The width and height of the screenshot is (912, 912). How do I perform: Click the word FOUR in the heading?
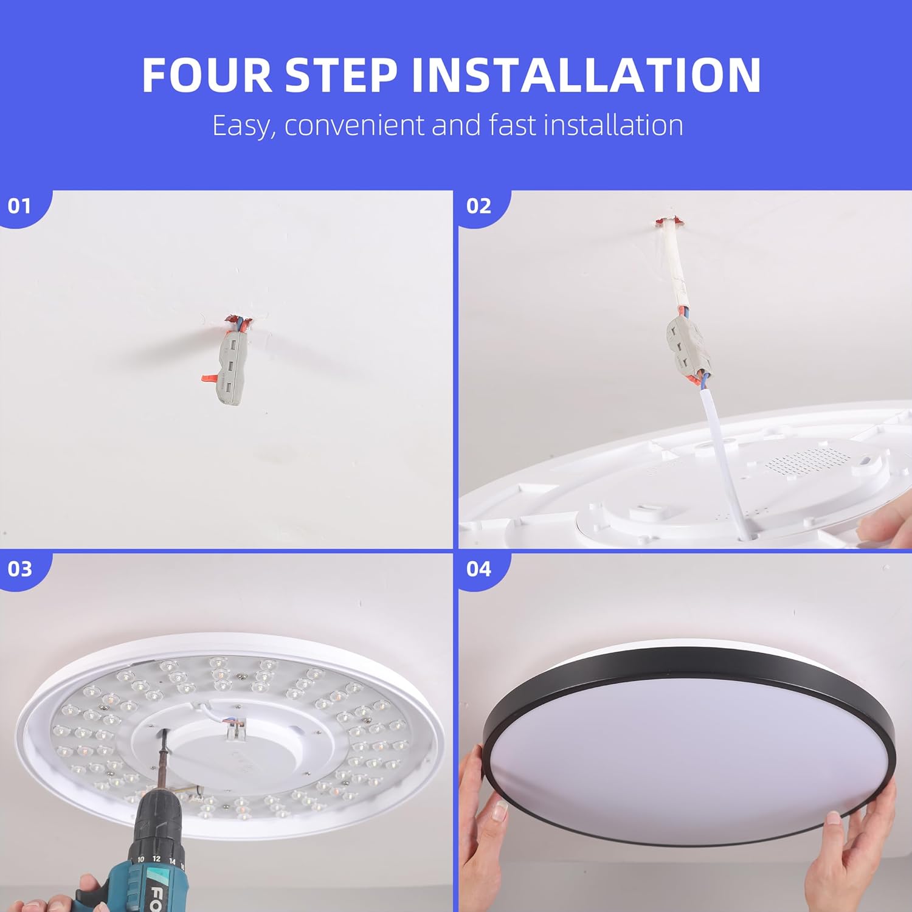pos(207,75)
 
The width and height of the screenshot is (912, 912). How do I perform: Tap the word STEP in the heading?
pos(342,75)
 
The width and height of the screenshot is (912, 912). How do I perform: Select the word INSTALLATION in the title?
pos(586,75)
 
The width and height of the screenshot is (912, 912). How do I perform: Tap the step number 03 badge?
pos(19,568)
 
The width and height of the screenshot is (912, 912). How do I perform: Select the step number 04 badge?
pos(478,568)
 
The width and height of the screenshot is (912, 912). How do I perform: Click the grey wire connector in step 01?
pos(229,368)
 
